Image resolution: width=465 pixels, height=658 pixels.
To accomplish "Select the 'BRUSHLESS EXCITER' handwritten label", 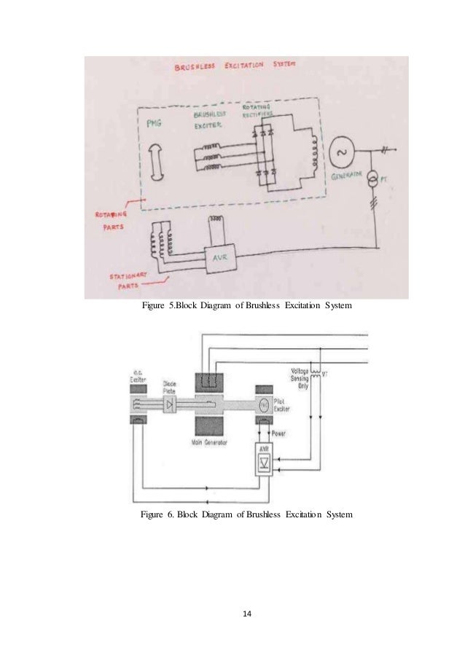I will (211, 120).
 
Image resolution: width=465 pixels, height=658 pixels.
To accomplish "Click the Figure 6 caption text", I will (246, 515).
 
